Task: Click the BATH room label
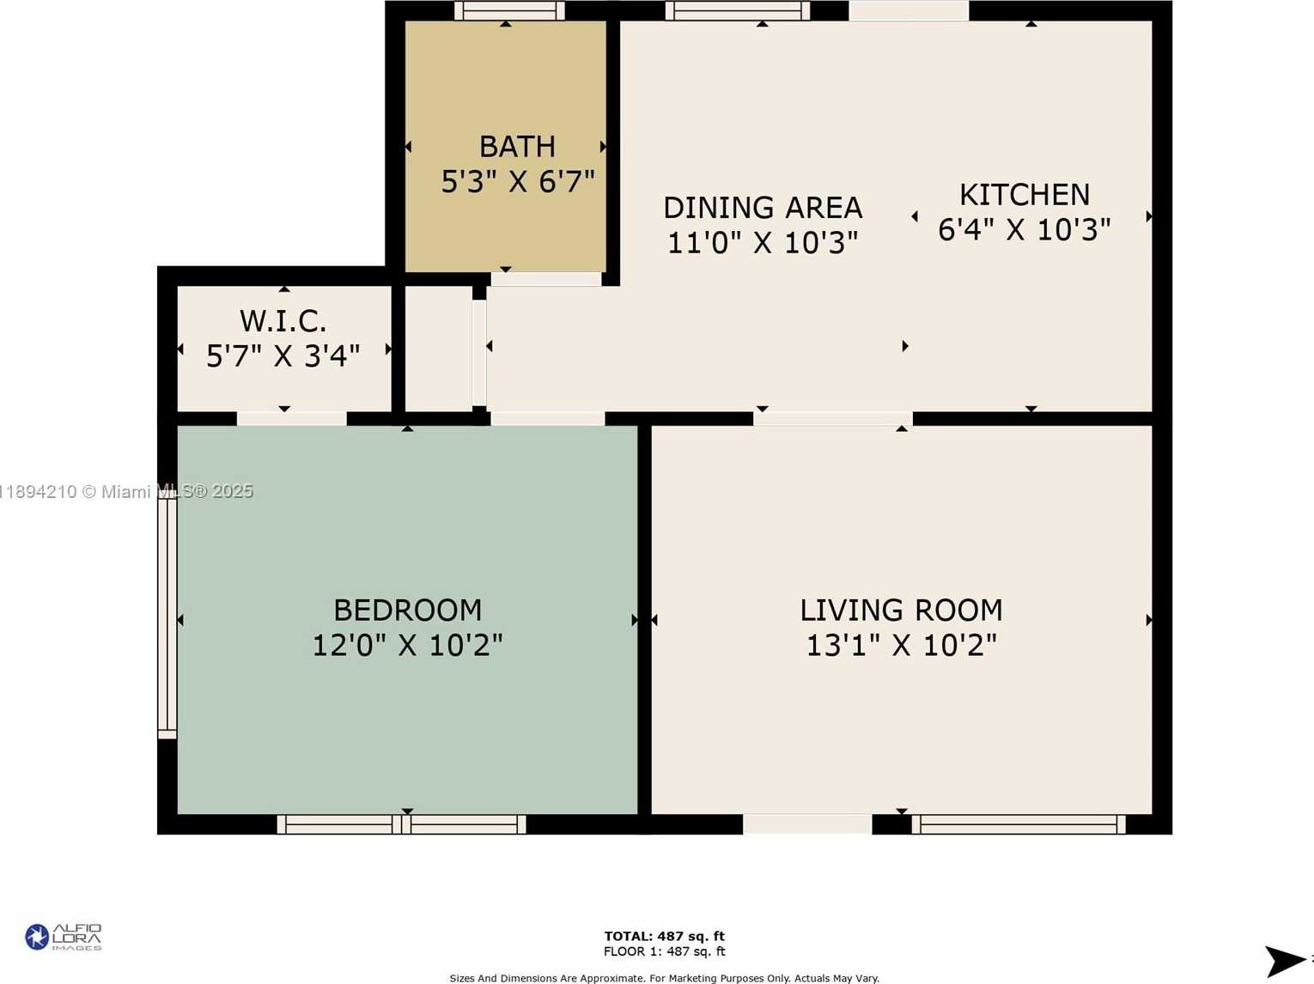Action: (x=517, y=147)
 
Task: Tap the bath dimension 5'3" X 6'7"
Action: (x=518, y=181)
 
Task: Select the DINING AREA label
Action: (x=763, y=208)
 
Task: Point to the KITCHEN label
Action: (x=1025, y=195)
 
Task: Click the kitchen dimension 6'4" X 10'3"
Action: (x=1025, y=229)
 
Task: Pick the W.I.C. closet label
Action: (x=283, y=321)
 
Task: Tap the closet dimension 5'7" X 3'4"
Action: (x=283, y=356)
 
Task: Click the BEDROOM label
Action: (x=408, y=610)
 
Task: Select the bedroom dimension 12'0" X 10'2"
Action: (x=408, y=645)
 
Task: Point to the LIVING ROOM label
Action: (x=902, y=610)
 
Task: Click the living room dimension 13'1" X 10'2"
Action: (x=902, y=645)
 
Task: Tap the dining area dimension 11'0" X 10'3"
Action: (x=763, y=242)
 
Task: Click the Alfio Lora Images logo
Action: (x=64, y=937)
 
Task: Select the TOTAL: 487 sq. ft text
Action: (x=665, y=936)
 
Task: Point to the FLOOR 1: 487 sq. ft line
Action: (x=665, y=951)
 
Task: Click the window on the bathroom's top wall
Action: (x=509, y=11)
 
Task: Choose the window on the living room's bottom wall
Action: (x=1019, y=824)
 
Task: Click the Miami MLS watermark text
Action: (x=127, y=492)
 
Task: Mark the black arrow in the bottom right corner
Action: (x=1285, y=961)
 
